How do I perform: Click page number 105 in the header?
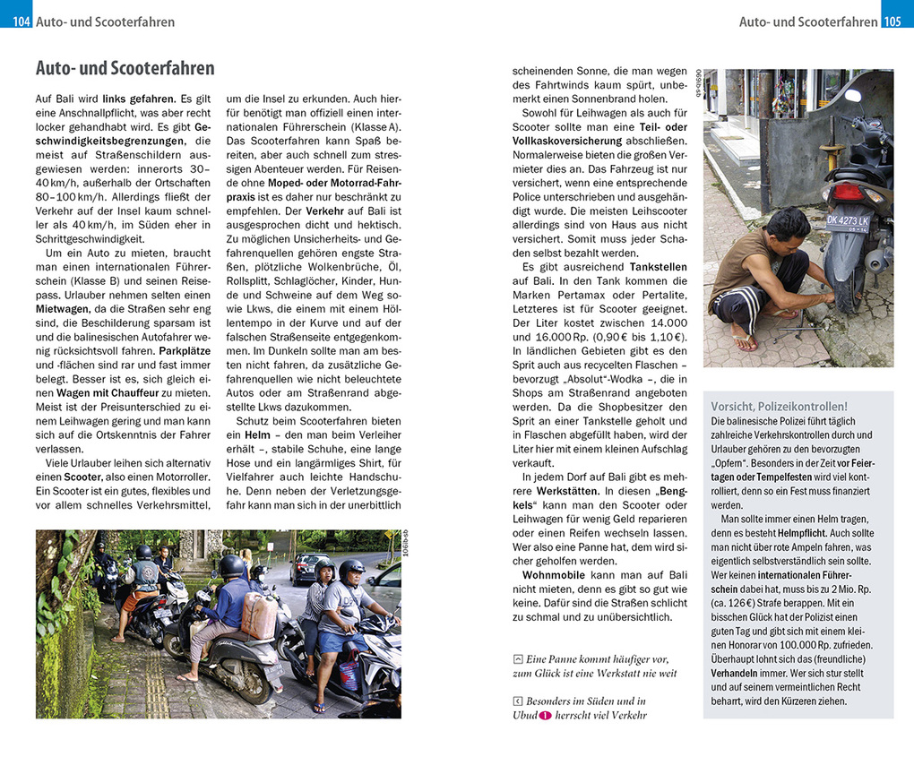tap(892, 21)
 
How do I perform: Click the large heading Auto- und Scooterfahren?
tap(125, 69)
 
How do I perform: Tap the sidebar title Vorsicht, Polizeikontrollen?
tap(779, 406)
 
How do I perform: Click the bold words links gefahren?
tap(139, 99)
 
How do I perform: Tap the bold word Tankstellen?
tap(659, 267)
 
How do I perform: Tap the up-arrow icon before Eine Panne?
tap(518, 659)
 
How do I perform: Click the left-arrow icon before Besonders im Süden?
tap(518, 701)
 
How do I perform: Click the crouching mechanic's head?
tap(789, 227)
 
